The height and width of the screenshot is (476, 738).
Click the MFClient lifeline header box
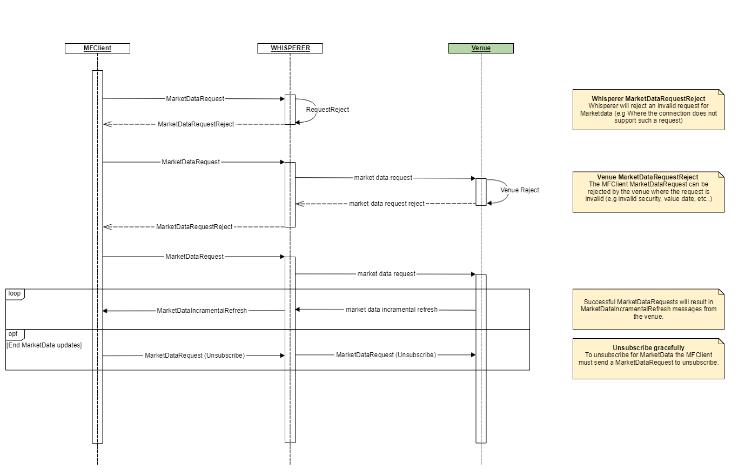click(x=97, y=48)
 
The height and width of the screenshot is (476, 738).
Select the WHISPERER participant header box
click(x=290, y=48)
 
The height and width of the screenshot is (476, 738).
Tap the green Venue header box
click(x=481, y=48)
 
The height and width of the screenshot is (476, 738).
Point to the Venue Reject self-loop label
click(x=519, y=190)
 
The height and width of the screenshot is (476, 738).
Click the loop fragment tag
click(x=15, y=293)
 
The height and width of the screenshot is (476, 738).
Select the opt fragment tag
click(x=14, y=334)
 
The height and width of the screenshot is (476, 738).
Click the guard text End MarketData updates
click(x=44, y=345)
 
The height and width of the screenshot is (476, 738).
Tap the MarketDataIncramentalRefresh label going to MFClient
click(x=202, y=311)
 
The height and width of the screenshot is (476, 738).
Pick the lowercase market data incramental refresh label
click(x=391, y=310)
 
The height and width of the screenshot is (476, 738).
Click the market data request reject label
click(x=386, y=204)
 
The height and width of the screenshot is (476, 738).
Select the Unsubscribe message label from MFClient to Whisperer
click(x=194, y=356)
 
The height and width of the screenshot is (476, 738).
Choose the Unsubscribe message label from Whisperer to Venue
click(x=386, y=355)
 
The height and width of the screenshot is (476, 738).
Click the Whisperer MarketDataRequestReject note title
click(x=648, y=99)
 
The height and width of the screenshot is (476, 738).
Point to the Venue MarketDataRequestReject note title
click(x=647, y=177)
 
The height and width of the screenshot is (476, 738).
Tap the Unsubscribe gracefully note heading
click(x=648, y=348)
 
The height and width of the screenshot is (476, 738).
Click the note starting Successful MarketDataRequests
click(x=648, y=309)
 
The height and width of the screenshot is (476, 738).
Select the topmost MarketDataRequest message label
click(x=195, y=99)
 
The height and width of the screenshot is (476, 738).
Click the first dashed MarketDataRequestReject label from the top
click(x=196, y=124)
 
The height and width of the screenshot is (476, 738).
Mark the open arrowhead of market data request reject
click(x=299, y=204)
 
